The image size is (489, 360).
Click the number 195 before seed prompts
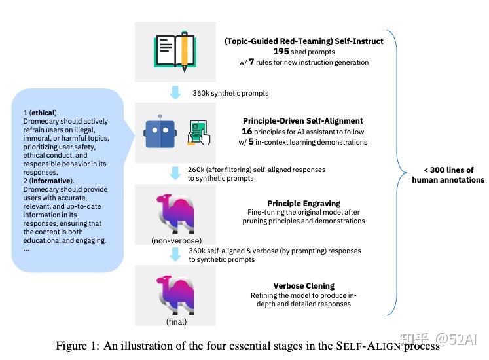pos(281,52)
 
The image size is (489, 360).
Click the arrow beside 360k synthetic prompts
pos(175,93)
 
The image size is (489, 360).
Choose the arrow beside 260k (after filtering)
pos(175,173)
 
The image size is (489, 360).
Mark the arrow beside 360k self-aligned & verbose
pos(175,255)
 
